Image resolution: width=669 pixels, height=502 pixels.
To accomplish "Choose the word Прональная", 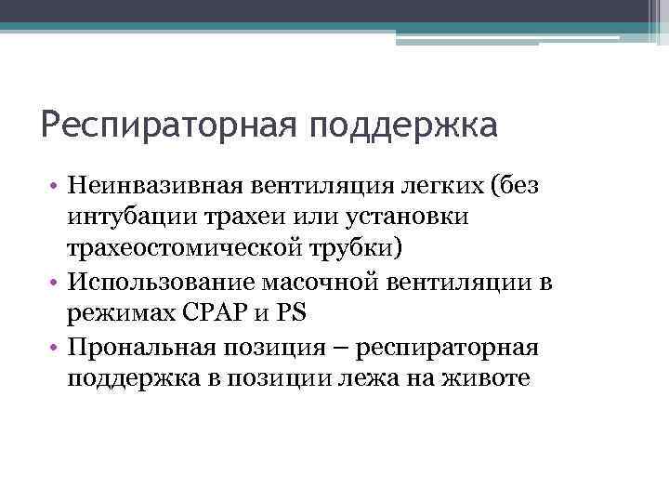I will coord(138,347).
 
